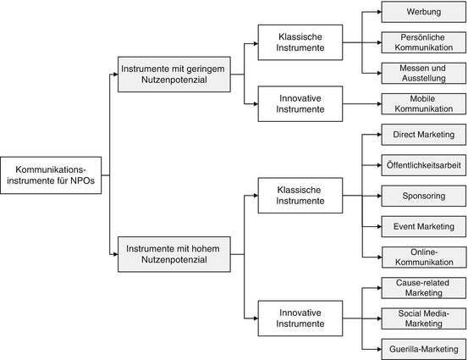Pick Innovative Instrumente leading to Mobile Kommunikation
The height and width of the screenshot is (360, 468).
(300, 104)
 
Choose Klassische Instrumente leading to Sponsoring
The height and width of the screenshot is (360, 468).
(300, 196)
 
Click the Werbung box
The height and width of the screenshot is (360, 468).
(423, 12)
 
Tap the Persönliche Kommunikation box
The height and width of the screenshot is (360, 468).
(423, 42)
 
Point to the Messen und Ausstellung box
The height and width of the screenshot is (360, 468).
(423, 73)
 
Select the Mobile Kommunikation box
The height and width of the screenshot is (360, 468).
(423, 104)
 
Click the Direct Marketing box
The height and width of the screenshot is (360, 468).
(423, 136)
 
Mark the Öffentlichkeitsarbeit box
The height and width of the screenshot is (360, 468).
(423, 166)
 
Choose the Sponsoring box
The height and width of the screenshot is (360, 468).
(423, 197)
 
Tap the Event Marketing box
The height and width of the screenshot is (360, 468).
(423, 226)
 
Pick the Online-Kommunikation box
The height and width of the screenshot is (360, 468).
(423, 257)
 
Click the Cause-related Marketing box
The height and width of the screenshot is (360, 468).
(423, 288)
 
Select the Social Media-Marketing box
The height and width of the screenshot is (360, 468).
(423, 318)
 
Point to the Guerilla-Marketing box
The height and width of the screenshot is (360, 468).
(423, 348)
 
